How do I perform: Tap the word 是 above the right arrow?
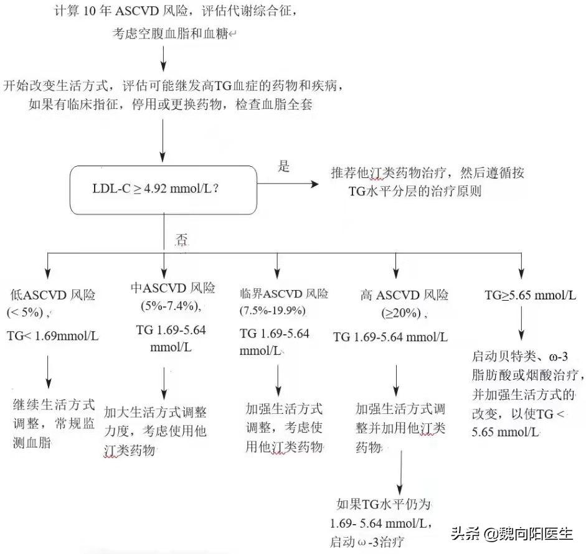click(x=284, y=167)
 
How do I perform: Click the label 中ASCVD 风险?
click(x=172, y=288)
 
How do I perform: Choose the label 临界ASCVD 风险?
click(x=284, y=293)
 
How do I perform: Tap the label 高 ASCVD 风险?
click(x=404, y=295)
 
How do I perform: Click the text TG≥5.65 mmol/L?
click(x=530, y=295)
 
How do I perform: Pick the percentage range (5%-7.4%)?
click(x=170, y=306)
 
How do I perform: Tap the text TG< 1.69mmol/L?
click(x=53, y=336)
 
